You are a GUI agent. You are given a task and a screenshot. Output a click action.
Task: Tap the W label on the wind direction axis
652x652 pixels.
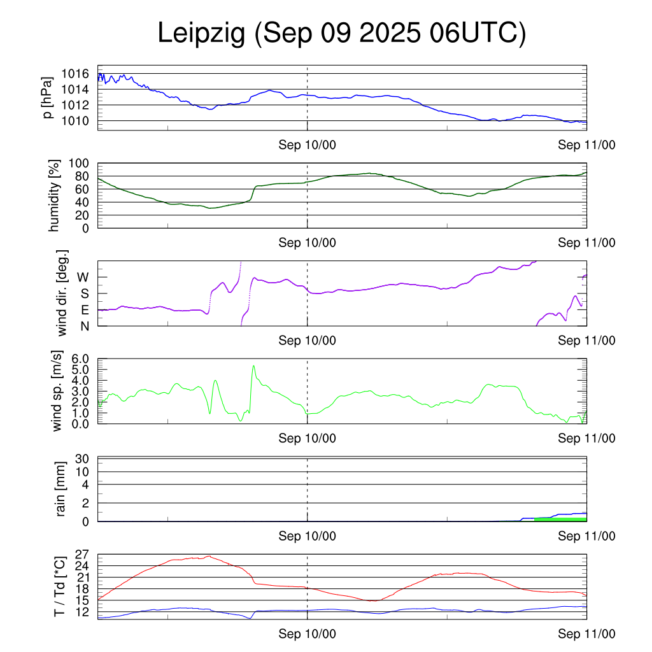tap(83, 278)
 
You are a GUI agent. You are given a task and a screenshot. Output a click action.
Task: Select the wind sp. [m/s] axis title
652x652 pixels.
tap(58, 391)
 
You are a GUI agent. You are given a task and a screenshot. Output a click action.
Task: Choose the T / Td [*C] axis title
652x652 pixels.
tap(59, 586)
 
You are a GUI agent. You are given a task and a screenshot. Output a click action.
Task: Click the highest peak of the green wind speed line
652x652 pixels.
tap(253, 365)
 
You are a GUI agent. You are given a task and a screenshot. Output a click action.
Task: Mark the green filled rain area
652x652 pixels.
tap(560, 520)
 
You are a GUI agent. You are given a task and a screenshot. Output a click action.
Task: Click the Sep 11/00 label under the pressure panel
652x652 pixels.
tap(586, 145)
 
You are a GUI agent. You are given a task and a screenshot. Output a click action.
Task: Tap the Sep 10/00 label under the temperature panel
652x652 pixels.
tap(307, 634)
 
